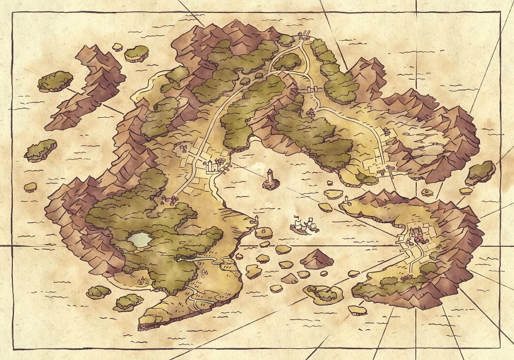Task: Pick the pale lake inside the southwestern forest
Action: coord(139,239)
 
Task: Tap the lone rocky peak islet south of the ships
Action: coord(317,258)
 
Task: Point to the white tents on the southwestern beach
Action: coord(143,280)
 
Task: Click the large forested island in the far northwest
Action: coord(55,81)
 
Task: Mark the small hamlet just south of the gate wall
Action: coord(311,112)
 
